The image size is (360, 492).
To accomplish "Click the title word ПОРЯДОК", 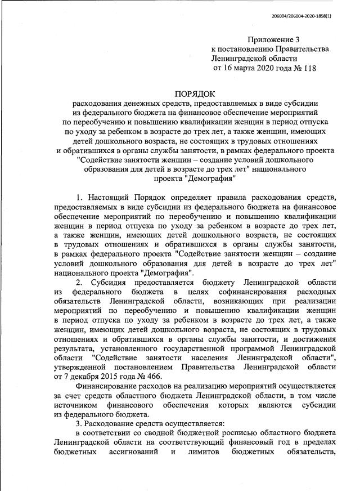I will (x=195, y=93).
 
